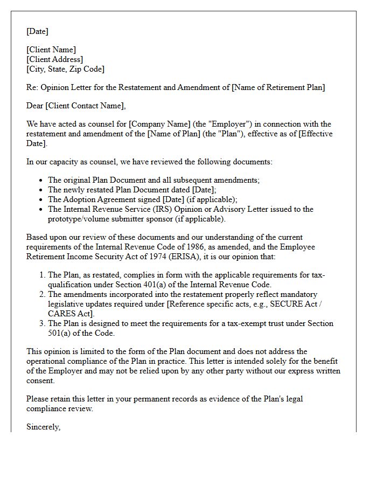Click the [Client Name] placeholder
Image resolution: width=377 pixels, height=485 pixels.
(x=51, y=50)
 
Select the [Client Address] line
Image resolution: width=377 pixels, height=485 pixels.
(x=54, y=59)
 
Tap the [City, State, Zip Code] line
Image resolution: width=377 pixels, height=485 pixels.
(x=65, y=69)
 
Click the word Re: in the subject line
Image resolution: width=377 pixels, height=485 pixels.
(x=32, y=87)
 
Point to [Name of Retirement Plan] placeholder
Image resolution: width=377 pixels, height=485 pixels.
(x=278, y=87)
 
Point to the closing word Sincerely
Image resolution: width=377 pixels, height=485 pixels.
(x=43, y=427)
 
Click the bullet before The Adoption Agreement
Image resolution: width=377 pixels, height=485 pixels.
(x=41, y=199)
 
